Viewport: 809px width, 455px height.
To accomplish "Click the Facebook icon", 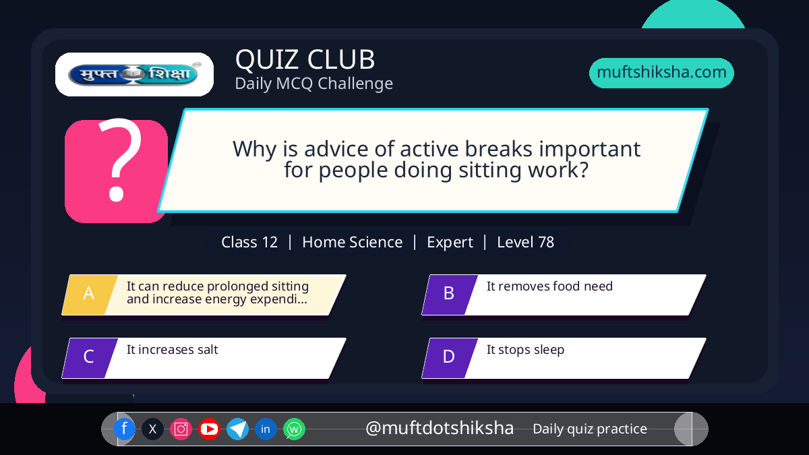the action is point(124,429).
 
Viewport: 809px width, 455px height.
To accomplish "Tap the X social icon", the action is point(152,429).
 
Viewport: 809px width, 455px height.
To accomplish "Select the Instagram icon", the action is point(181,429).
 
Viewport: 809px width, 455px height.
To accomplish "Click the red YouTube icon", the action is point(209,429).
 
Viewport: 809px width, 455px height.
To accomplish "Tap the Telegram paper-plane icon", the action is point(237,429).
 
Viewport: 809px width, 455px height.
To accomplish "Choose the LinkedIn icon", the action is point(266,429).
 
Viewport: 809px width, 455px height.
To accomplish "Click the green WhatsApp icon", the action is point(294,429).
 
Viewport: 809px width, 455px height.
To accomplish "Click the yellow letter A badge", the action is point(90,295).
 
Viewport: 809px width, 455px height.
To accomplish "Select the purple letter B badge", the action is point(450,295).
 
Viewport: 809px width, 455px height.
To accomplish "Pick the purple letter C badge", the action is point(90,358).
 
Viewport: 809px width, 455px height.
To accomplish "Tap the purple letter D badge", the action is point(450,358).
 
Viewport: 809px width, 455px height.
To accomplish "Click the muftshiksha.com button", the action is point(661,73).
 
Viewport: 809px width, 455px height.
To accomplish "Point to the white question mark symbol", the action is point(120,160).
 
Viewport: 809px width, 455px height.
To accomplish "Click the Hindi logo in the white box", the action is point(134,74).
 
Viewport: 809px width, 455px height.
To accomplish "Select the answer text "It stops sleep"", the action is point(525,350).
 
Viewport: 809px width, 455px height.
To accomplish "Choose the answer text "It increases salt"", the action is point(173,350).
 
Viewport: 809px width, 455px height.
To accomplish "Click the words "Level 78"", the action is point(525,242).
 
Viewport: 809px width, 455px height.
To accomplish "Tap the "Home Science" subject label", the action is point(352,242).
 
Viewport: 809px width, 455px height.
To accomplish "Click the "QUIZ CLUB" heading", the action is point(305,59).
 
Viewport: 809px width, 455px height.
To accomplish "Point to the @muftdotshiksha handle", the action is point(440,428).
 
